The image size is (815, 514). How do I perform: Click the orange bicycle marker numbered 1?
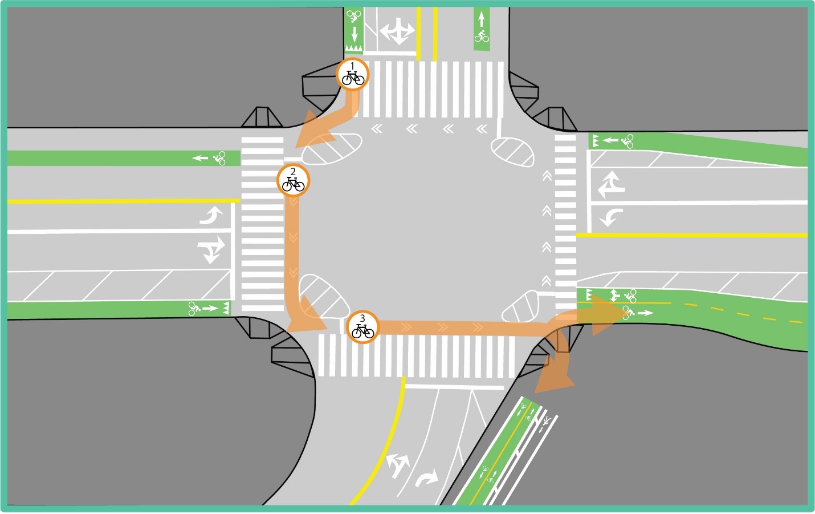pos(353,74)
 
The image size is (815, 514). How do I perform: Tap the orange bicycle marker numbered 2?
pos(294,181)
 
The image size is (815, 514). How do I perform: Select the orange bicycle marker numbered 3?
pos(362,327)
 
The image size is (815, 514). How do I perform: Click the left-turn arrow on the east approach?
pos(611,217)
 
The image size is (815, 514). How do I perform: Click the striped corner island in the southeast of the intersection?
pos(521,306)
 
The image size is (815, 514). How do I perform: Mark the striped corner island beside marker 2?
pos(332,148)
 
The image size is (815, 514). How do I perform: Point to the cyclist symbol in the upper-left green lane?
pos(219,158)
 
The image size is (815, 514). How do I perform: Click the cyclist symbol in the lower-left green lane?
pos(194,309)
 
